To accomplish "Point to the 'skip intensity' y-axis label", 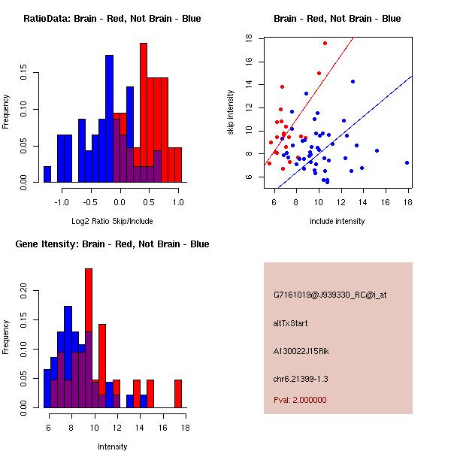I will tap(232, 113).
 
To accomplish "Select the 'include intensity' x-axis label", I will tap(337, 221).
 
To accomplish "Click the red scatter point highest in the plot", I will tap(325, 44).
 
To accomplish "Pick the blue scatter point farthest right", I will tap(407, 162).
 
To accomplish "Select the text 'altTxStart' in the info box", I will tap(290, 323).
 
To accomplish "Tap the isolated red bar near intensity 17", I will tap(178, 393).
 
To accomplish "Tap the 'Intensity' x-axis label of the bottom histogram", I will tap(112, 446).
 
